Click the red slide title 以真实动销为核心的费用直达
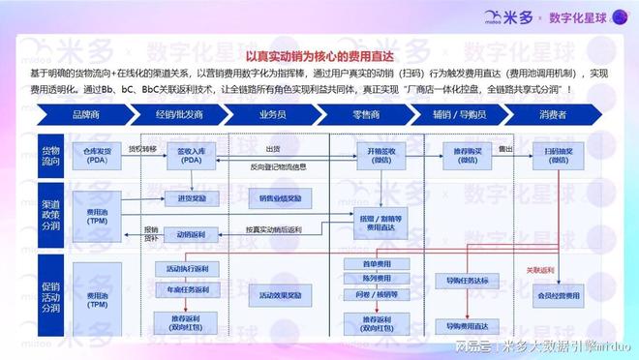pos(319,57)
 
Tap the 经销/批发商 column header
pos(184,113)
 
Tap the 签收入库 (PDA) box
pos(184,154)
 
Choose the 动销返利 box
pos(184,233)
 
